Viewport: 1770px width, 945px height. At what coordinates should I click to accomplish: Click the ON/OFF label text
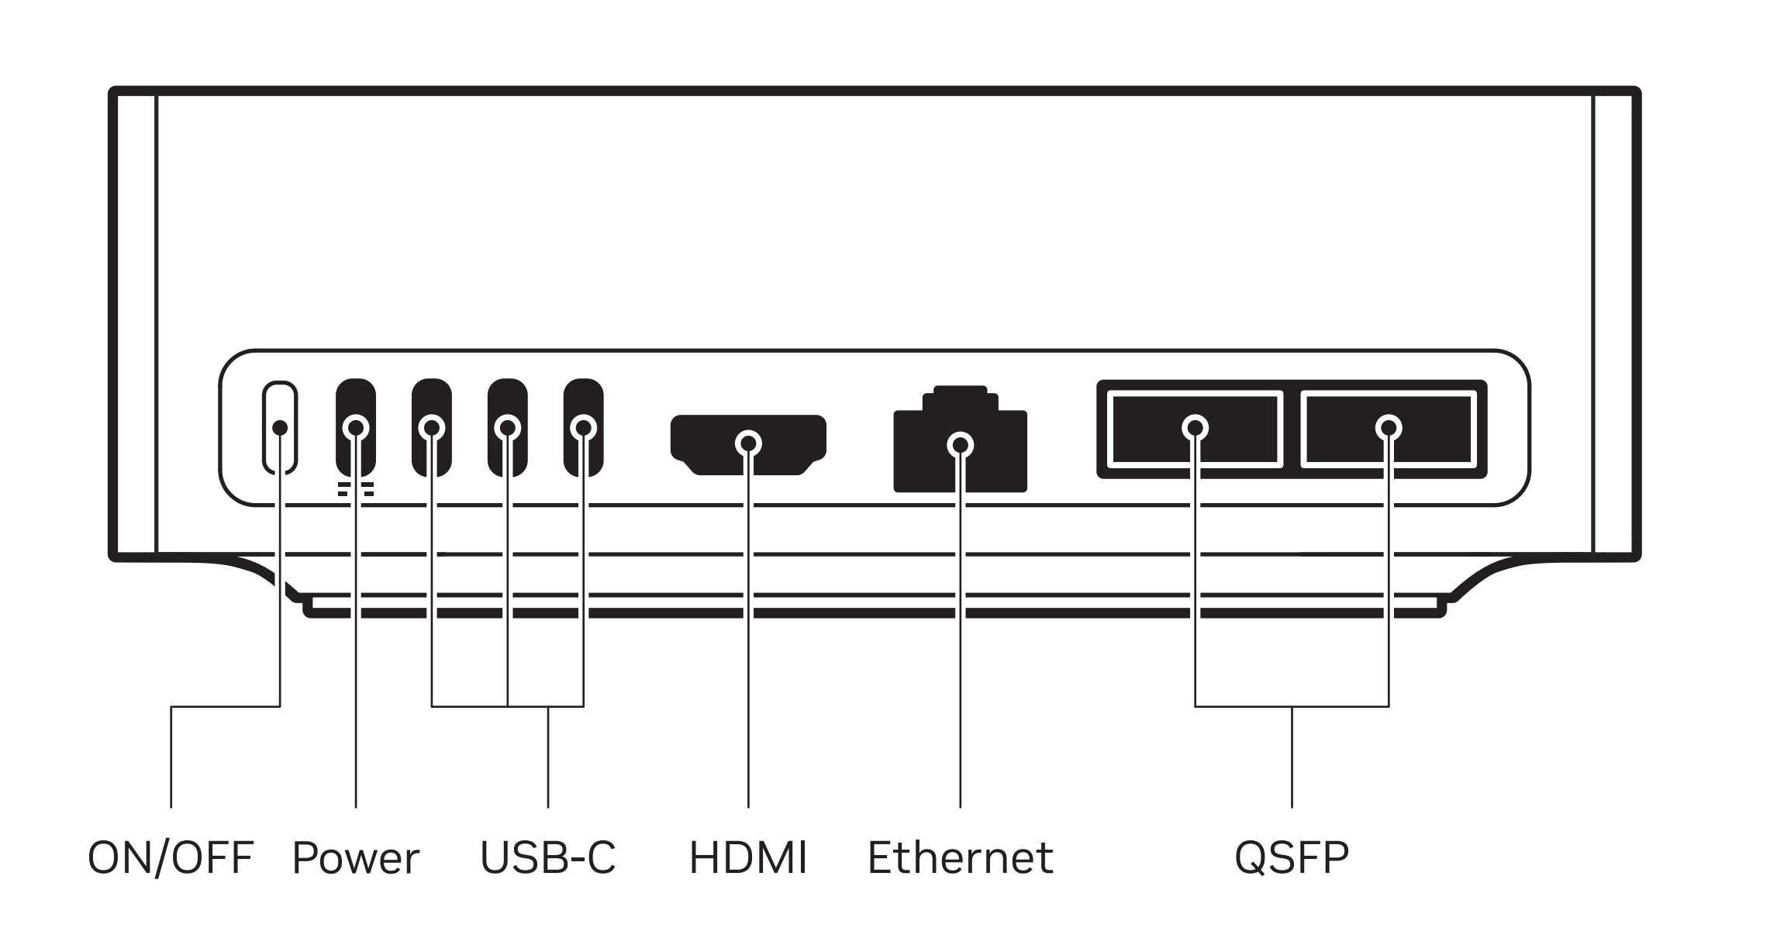tap(171, 857)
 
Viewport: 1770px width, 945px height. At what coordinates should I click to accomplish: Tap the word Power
tap(355, 859)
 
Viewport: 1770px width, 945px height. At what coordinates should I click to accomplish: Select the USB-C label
tap(547, 857)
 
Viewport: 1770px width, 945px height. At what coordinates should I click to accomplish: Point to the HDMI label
tap(748, 857)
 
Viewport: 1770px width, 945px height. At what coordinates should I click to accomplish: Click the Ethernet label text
tap(960, 857)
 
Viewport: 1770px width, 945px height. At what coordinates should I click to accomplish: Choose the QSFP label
tap(1292, 857)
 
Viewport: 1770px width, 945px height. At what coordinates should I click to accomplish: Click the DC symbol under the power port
tap(355, 488)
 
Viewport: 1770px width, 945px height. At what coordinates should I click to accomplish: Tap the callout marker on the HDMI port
tap(748, 443)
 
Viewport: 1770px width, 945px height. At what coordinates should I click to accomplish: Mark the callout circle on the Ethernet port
tap(961, 445)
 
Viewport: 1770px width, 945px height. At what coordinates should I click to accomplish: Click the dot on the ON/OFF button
tap(281, 428)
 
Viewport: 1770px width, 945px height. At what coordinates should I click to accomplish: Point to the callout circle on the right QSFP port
tap(1389, 427)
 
